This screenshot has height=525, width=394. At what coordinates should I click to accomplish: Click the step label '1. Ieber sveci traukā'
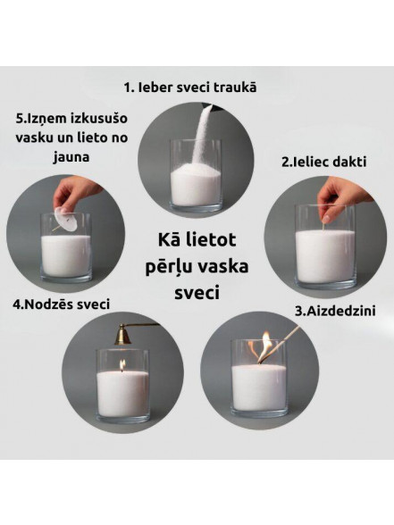(190, 87)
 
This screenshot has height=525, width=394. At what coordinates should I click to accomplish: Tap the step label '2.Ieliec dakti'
(323, 162)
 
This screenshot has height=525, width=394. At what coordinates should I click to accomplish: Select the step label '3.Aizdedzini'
(335, 311)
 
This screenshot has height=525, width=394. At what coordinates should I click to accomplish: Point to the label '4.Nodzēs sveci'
(62, 304)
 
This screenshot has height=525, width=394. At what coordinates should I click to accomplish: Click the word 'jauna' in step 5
(71, 157)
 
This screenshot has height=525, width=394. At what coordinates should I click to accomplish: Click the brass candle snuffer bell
(122, 335)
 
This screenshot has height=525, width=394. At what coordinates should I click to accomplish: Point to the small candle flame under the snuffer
(122, 366)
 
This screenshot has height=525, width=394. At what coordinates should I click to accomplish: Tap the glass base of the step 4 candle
(122, 417)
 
